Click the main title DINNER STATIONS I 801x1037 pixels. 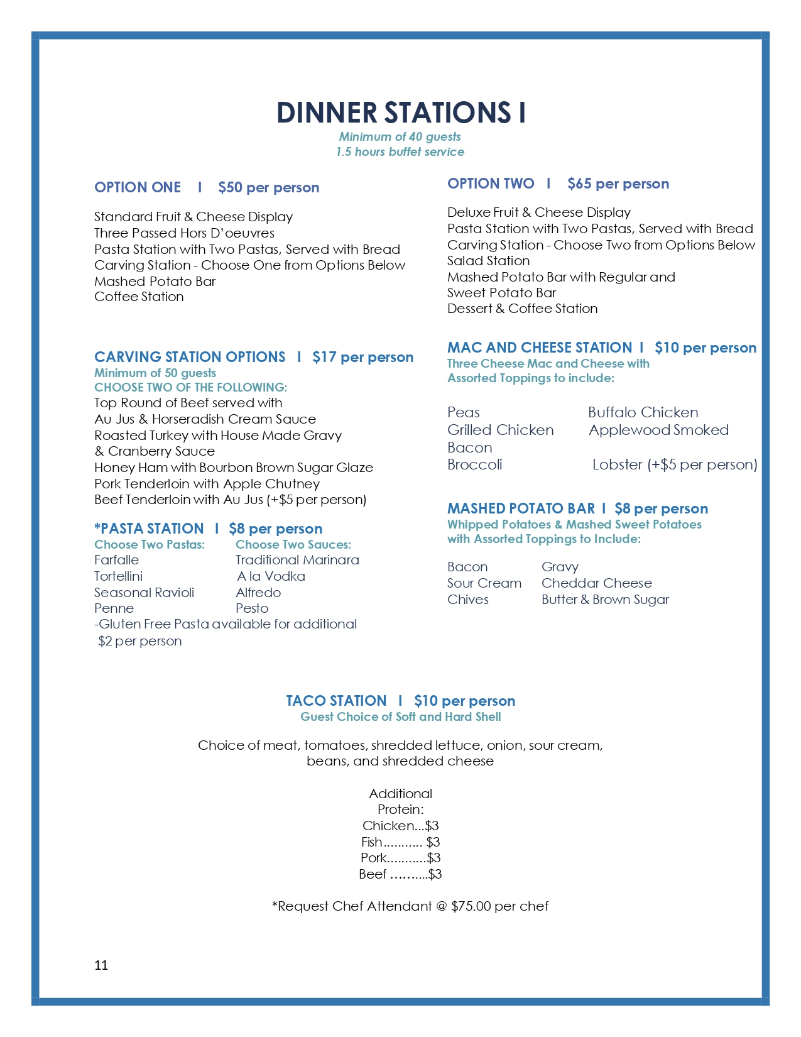pyautogui.click(x=400, y=112)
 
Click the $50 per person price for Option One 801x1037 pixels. pyautogui.click(x=268, y=188)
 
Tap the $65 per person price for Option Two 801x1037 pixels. pyautogui.click(x=618, y=184)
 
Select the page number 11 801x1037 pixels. pyautogui.click(x=101, y=965)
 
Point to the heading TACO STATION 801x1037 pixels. pyautogui.click(x=336, y=701)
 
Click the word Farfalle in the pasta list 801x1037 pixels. pyautogui.click(x=117, y=560)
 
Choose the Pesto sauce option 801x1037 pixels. pyautogui.click(x=252, y=608)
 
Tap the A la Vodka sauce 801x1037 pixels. pyautogui.click(x=271, y=576)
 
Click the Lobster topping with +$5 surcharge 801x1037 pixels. pyautogui.click(x=674, y=465)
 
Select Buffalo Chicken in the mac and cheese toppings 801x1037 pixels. pyautogui.click(x=643, y=413)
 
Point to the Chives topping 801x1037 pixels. pyautogui.click(x=468, y=600)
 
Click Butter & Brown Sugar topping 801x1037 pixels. pyautogui.click(x=605, y=600)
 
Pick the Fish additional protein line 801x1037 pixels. pyautogui.click(x=400, y=842)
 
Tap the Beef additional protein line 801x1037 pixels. pyautogui.click(x=400, y=874)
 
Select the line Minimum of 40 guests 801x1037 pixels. pyautogui.click(x=400, y=137)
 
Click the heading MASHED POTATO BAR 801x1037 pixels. pyautogui.click(x=521, y=508)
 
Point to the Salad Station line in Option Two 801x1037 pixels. pyautogui.click(x=488, y=261)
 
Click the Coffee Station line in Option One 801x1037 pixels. pyautogui.click(x=139, y=297)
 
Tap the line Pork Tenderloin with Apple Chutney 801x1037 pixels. pyautogui.click(x=207, y=484)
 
